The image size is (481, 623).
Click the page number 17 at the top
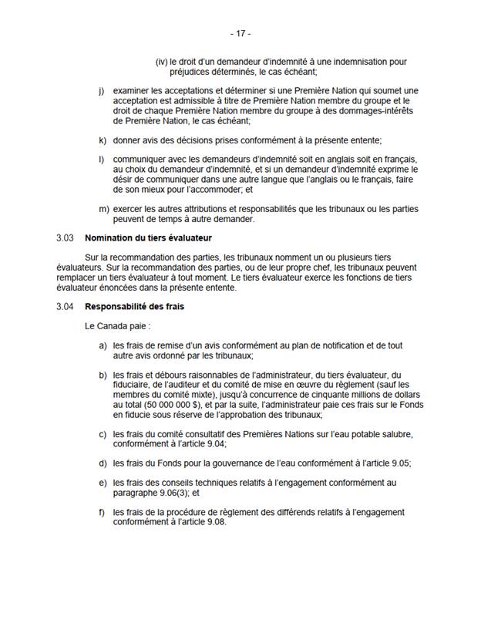(x=240, y=34)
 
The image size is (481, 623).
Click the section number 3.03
(x=66, y=237)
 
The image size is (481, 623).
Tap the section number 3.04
(x=66, y=307)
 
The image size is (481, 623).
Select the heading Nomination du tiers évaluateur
(x=148, y=237)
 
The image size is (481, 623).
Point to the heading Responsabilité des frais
(x=134, y=307)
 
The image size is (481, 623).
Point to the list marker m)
(x=103, y=208)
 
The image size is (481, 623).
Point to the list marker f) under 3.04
(x=103, y=511)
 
